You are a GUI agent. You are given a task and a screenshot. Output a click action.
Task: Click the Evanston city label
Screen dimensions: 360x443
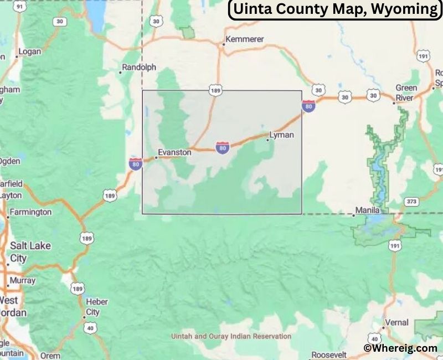tap(174, 152)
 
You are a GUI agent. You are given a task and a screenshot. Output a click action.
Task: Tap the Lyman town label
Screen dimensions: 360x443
tap(281, 135)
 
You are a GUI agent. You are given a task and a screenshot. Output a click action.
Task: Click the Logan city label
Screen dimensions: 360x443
tap(29, 52)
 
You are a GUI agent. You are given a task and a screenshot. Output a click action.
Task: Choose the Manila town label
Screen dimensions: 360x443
tap(367, 210)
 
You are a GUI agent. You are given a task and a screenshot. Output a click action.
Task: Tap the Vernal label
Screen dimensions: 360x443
tap(396, 322)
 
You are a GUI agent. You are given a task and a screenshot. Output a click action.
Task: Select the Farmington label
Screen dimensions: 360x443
tap(31, 212)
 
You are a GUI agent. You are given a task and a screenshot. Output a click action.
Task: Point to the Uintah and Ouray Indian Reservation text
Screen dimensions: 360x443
tap(231, 336)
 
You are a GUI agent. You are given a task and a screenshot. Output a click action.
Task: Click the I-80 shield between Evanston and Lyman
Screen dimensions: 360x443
tap(223, 147)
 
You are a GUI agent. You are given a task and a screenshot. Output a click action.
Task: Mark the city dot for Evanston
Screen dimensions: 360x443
tap(156, 157)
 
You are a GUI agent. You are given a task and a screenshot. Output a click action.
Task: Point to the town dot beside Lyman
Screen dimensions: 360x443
tap(267, 140)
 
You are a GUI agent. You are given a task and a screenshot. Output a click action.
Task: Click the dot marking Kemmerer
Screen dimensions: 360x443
tap(223, 44)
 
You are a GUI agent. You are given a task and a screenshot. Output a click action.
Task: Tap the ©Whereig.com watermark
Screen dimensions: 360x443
tap(400, 348)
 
